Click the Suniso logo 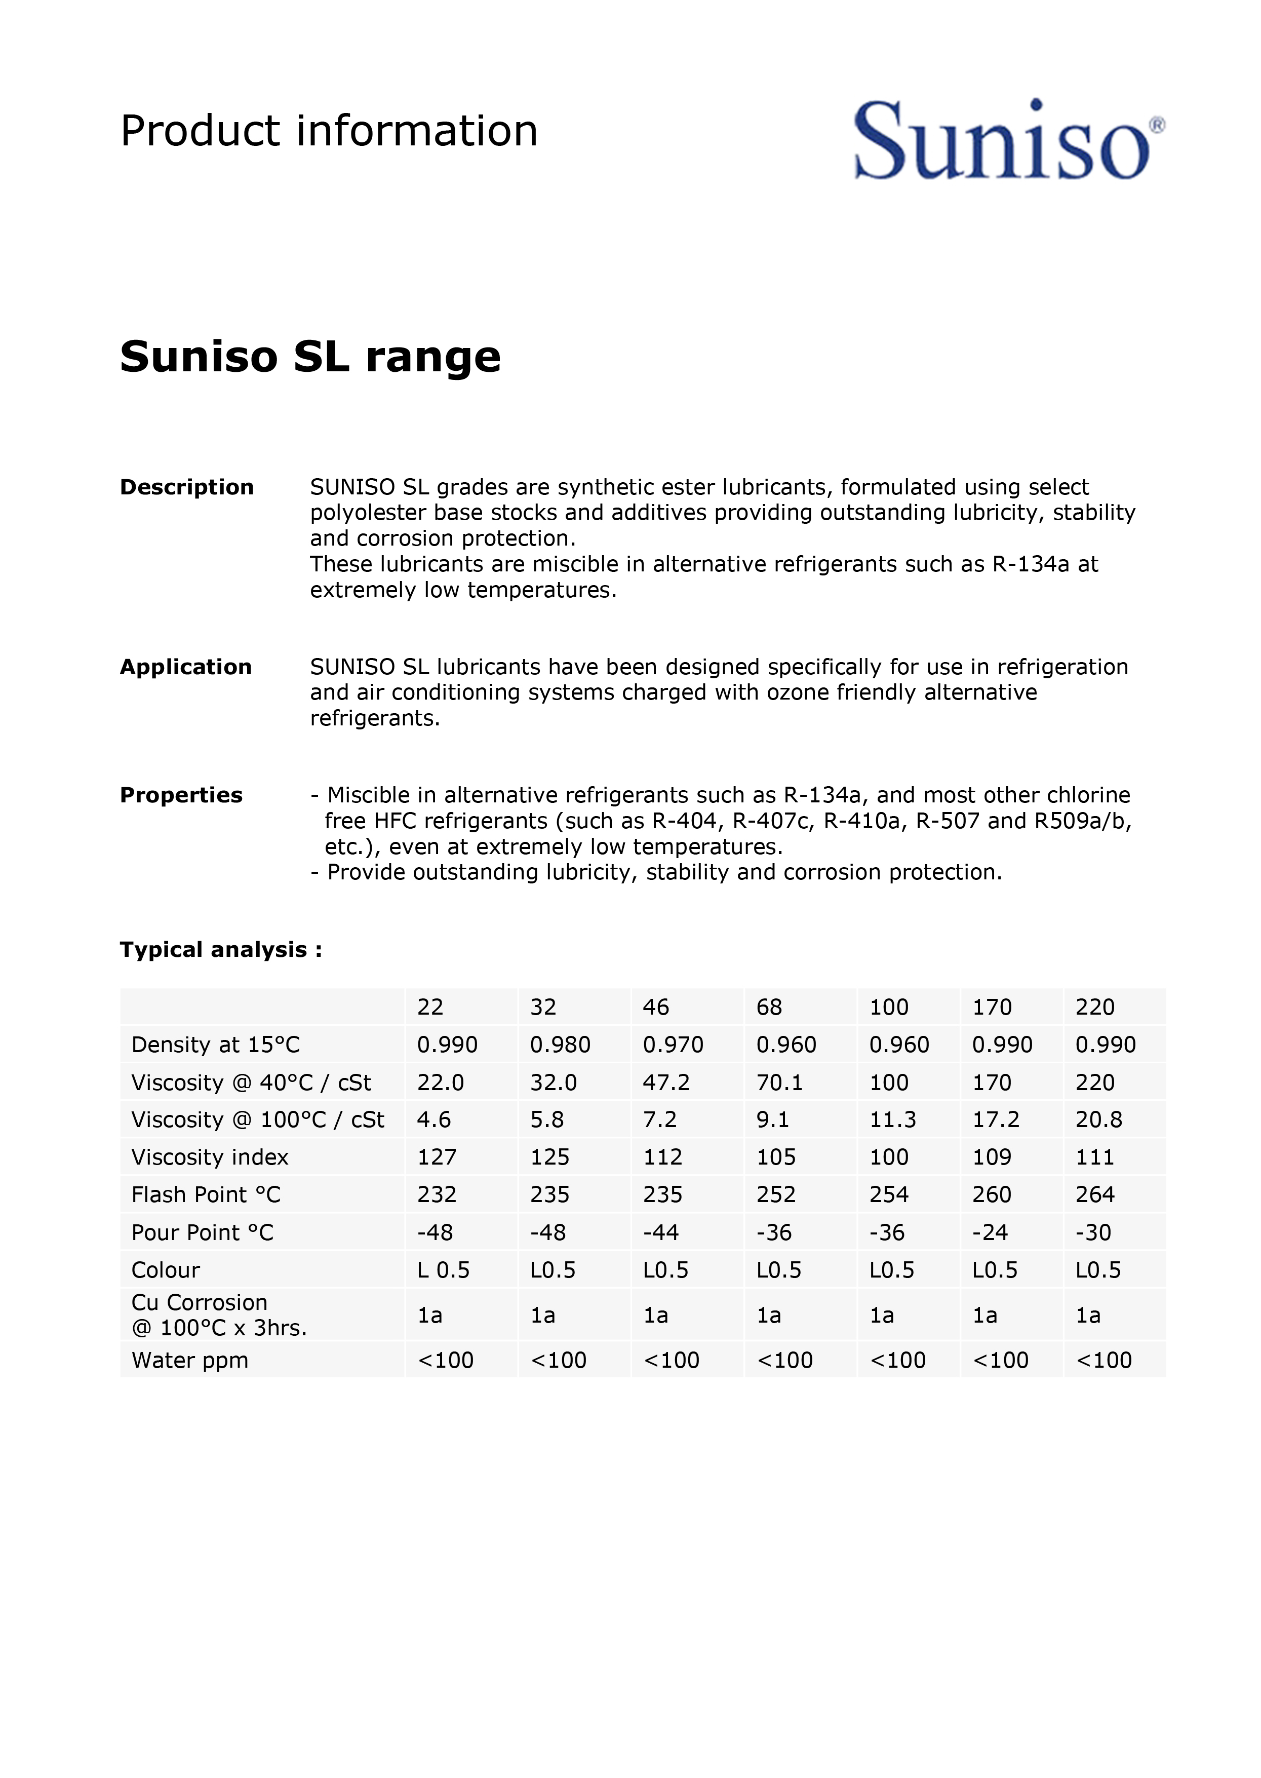click(1008, 140)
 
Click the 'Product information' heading click(329, 131)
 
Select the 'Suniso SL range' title click(310, 357)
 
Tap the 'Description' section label click(186, 487)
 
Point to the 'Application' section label click(185, 667)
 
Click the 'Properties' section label click(181, 795)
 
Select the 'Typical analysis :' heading click(220, 950)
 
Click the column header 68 click(769, 1008)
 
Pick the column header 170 click(992, 1008)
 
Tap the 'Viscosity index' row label click(210, 1157)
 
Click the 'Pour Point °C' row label click(203, 1233)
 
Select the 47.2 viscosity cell click(666, 1083)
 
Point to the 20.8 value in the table click(1099, 1120)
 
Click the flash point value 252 click(776, 1194)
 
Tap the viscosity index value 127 click(437, 1157)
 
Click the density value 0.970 click(673, 1045)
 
